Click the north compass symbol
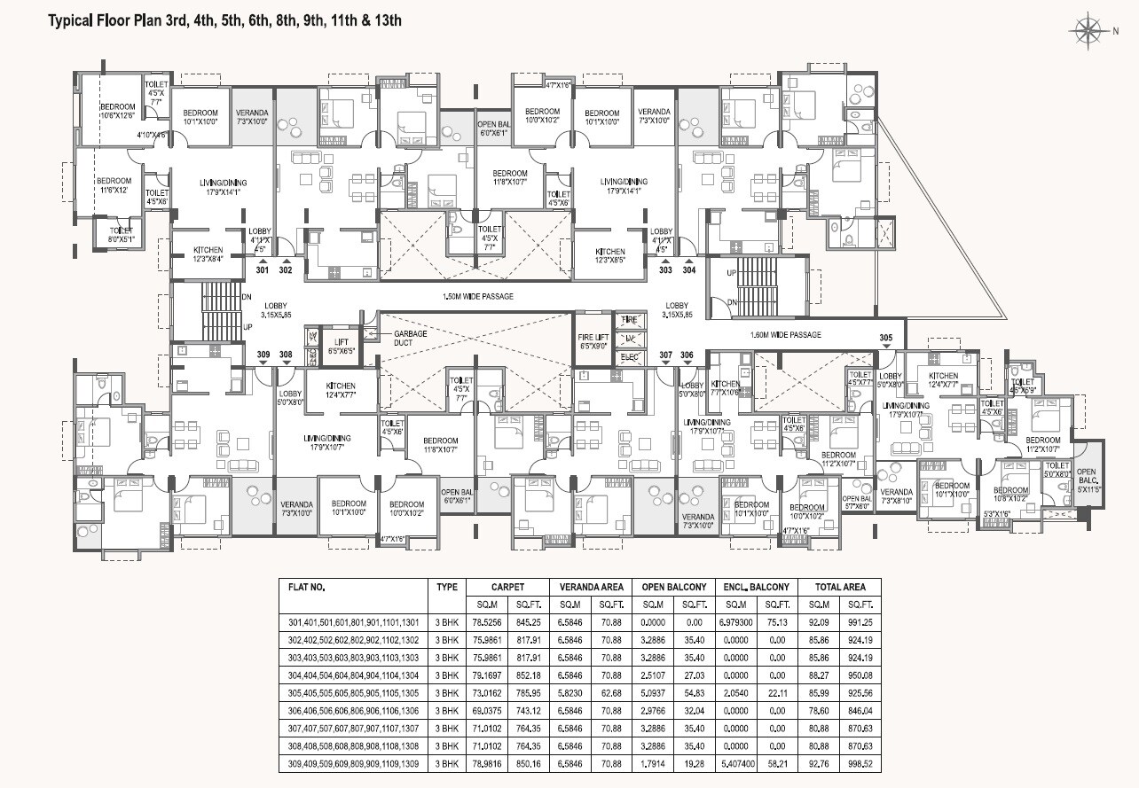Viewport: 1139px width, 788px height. click(x=1088, y=31)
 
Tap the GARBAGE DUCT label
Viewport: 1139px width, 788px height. click(x=410, y=337)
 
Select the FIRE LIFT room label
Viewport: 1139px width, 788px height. click(x=592, y=341)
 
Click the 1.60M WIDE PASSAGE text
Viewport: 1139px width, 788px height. click(x=785, y=335)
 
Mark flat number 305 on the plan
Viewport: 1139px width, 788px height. click(x=885, y=338)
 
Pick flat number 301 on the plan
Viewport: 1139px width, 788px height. click(x=262, y=270)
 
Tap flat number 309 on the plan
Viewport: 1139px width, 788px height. click(x=263, y=355)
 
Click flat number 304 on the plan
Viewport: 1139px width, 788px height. click(x=689, y=270)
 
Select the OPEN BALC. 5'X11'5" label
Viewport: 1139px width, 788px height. click(x=1087, y=480)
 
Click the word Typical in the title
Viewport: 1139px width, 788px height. click(x=74, y=20)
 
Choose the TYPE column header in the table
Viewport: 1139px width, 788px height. click(x=447, y=587)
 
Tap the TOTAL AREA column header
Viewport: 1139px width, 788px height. click(x=839, y=587)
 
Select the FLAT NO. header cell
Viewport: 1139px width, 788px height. click(x=307, y=587)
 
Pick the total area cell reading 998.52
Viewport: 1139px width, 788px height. click(x=860, y=762)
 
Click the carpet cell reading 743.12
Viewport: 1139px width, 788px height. click(x=530, y=710)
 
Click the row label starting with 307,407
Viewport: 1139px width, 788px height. click(x=353, y=728)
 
